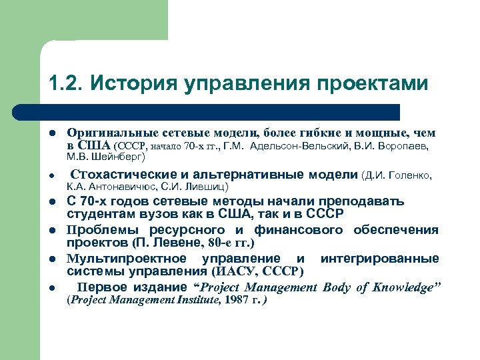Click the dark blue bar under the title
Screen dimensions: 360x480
pos(220,111)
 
